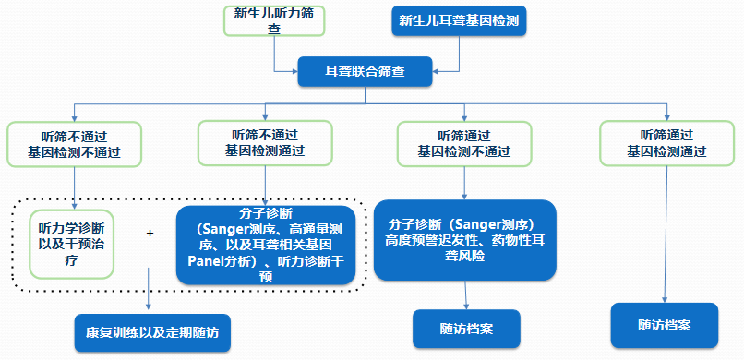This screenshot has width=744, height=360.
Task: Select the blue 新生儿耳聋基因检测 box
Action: point(459,20)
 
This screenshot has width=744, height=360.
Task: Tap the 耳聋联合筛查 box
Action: point(364,71)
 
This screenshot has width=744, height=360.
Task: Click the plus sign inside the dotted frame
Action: point(150,234)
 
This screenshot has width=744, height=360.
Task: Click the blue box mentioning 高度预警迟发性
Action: point(465,240)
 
